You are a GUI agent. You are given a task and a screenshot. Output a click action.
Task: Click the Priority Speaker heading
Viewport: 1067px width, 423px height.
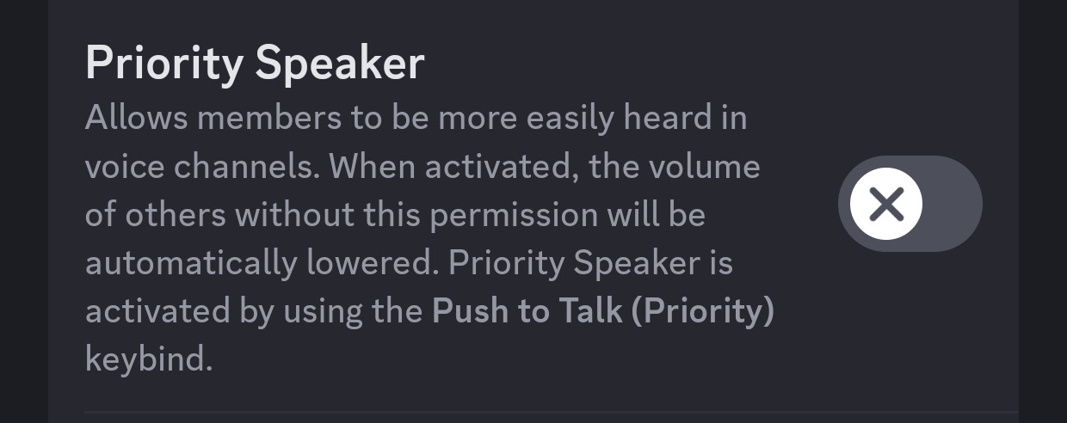pyautogui.click(x=255, y=64)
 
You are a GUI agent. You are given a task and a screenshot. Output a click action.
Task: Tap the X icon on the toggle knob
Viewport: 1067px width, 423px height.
pyautogui.click(x=886, y=204)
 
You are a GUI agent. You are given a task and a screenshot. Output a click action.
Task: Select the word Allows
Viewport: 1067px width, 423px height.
pyautogui.click(x=137, y=118)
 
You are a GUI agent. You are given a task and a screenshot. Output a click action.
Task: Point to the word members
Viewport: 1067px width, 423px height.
pyautogui.click(x=269, y=118)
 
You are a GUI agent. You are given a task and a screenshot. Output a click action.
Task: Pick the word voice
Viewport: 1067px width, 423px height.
pyautogui.click(x=125, y=167)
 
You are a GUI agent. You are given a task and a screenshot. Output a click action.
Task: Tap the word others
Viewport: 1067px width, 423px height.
pyautogui.click(x=176, y=214)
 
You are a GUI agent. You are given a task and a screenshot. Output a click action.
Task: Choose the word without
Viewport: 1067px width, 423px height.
pyautogui.click(x=294, y=214)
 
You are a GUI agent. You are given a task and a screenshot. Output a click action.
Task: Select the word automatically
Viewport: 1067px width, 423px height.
pyautogui.click(x=192, y=264)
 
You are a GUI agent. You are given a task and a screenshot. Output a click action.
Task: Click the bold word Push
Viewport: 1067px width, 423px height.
pyautogui.click(x=470, y=310)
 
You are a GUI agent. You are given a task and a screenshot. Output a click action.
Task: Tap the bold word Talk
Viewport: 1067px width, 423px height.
pyautogui.click(x=590, y=310)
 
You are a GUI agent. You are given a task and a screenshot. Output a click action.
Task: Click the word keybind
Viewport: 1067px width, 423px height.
pyautogui.click(x=149, y=359)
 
